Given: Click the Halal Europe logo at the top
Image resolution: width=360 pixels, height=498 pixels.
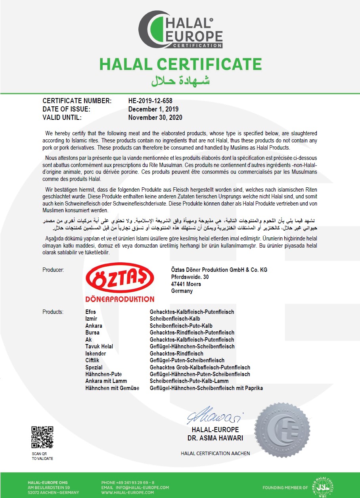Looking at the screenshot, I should coord(180,30).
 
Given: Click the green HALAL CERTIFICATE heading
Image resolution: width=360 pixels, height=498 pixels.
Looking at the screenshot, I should coord(180,64).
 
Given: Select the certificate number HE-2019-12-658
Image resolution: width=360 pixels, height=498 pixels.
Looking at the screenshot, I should coord(150,101).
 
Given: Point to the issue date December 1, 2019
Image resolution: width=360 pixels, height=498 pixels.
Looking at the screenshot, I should coord(153,109).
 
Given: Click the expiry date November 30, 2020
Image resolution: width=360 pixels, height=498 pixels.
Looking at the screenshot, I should coord(155,117).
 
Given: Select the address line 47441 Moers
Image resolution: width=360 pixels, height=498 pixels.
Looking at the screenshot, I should coord(186,284).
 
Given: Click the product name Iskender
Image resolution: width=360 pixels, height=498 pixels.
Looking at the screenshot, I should coord(96,353).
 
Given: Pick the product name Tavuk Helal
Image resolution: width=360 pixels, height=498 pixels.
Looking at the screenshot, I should coord(99,346).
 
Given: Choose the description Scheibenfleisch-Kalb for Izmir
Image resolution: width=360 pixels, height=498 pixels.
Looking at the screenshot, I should coord(175,319).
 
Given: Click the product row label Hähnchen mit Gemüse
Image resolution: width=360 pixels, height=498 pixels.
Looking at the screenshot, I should coord(112,388).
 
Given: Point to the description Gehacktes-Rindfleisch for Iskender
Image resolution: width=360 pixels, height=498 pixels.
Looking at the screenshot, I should coord(176,353).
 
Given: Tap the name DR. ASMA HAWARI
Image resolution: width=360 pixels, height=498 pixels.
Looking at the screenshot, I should coord(215,438).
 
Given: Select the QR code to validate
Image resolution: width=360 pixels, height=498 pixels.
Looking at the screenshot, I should coord(42,437).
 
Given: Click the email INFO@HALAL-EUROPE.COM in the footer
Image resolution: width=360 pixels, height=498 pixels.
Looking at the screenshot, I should coord(135,487).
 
